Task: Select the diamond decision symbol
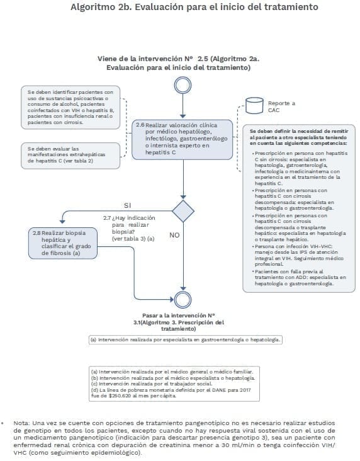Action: pos(183,211)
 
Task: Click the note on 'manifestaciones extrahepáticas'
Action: pos(69,154)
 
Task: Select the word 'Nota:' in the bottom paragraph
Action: pos(22,423)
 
